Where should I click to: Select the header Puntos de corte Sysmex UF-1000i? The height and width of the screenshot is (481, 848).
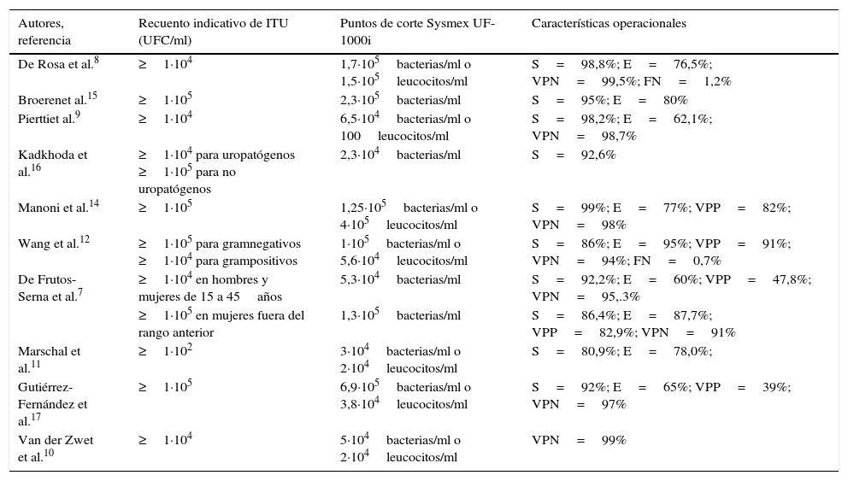[x=417, y=32]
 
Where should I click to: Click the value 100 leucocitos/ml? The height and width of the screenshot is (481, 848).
[x=394, y=136]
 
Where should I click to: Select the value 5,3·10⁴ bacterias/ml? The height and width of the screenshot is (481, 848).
[x=400, y=279]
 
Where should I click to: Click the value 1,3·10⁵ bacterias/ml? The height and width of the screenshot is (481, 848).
[x=400, y=315]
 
